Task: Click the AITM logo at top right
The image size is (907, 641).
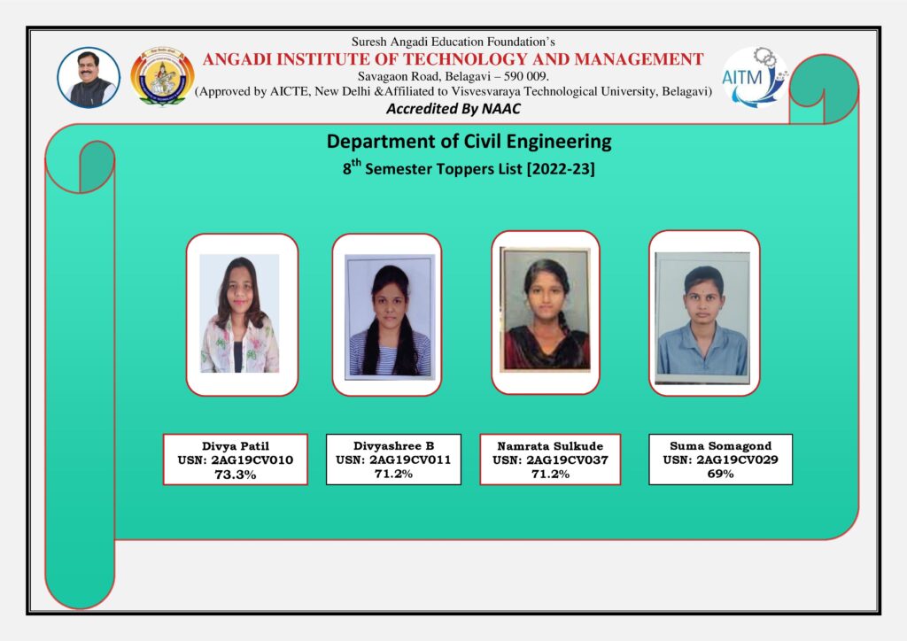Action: click(755, 77)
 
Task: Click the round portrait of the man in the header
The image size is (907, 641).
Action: click(89, 78)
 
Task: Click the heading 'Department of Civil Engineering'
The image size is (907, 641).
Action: click(469, 141)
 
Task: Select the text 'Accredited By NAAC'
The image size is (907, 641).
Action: click(453, 109)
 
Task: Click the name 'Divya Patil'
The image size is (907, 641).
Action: click(235, 446)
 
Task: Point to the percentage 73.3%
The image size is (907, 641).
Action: click(235, 475)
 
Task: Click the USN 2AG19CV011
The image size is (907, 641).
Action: click(393, 460)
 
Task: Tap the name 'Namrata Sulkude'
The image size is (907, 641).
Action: click(550, 446)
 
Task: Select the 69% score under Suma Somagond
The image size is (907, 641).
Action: click(720, 474)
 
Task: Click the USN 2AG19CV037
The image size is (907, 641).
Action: click(550, 460)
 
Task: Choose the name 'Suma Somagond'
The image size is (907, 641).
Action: click(720, 446)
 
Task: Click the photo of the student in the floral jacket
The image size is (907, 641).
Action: click(239, 314)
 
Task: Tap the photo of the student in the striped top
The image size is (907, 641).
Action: click(388, 316)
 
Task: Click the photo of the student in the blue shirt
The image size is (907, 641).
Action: click(702, 318)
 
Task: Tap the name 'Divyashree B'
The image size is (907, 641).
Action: click(393, 445)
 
